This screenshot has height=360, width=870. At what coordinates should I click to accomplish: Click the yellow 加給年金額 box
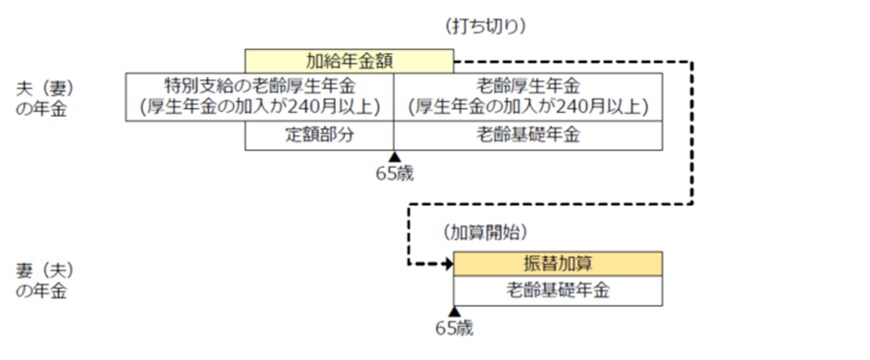(x=349, y=62)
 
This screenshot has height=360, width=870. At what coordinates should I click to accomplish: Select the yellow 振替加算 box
(x=558, y=264)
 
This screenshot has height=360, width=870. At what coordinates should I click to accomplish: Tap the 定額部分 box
(x=319, y=135)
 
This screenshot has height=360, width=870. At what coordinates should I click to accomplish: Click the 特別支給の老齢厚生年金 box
(x=260, y=97)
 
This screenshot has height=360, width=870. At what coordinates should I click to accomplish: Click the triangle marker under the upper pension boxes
(x=394, y=156)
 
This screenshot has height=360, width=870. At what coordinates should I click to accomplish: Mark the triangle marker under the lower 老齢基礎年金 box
(x=454, y=311)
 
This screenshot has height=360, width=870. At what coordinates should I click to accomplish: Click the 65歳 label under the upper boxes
(x=394, y=173)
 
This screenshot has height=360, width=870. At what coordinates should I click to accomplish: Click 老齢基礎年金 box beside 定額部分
(x=527, y=135)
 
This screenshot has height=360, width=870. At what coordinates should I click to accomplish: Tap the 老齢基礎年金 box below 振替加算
(x=558, y=291)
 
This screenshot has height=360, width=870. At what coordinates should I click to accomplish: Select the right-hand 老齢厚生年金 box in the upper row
(x=527, y=97)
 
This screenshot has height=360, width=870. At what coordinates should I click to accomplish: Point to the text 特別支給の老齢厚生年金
(x=260, y=86)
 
